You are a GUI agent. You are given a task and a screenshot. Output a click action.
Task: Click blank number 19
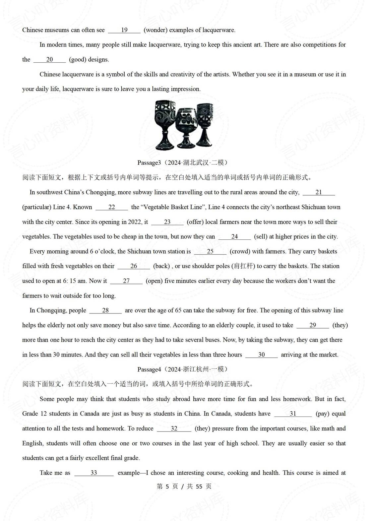[x=124, y=30]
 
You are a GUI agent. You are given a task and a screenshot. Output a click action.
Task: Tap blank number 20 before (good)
[x=49, y=60]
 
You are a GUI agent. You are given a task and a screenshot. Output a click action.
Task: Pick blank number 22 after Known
[x=112, y=207]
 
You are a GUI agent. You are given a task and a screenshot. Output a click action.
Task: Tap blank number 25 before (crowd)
[x=210, y=251]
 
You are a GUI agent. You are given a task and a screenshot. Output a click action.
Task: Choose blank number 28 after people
[x=105, y=310]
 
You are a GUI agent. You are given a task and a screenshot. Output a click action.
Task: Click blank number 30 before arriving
[x=261, y=355]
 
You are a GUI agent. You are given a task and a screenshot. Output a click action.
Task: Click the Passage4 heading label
[x=149, y=369]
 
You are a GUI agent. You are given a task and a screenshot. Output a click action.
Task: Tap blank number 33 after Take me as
[x=94, y=473]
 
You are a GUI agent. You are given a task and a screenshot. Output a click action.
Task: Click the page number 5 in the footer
[x=167, y=487]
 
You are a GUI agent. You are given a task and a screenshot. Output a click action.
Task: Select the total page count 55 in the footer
[x=199, y=487]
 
